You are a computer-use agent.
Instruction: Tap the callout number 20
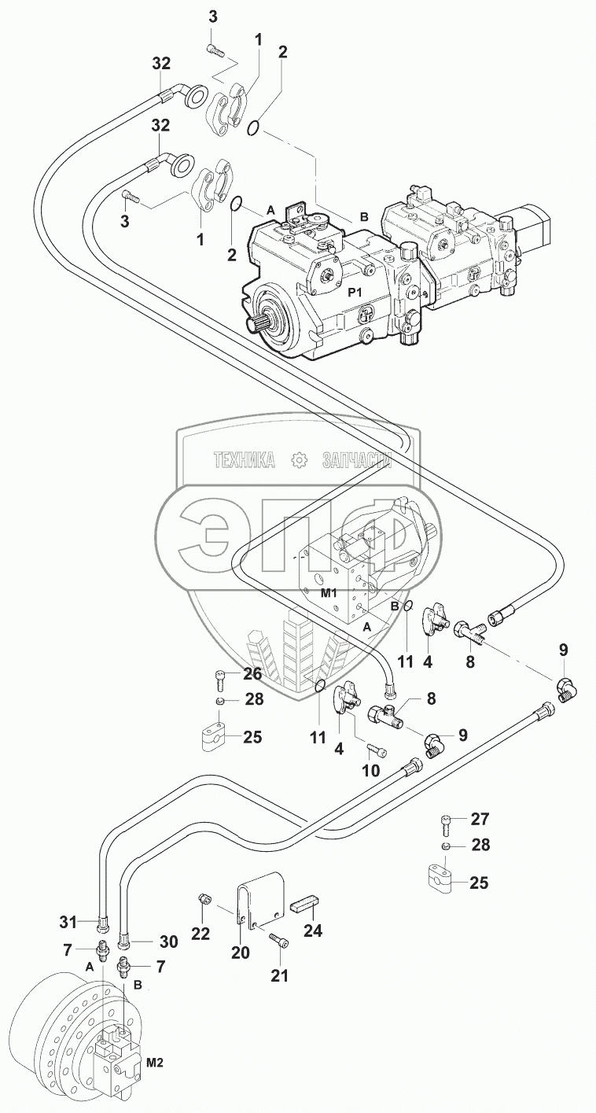(240, 953)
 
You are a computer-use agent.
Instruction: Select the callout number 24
(313, 932)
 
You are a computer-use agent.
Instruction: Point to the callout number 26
(252, 674)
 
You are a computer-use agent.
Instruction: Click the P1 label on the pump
(355, 292)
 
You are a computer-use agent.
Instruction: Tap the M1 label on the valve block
(329, 592)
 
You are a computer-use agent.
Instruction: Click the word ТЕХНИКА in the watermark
(243, 460)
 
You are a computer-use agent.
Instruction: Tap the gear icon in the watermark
(298, 460)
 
